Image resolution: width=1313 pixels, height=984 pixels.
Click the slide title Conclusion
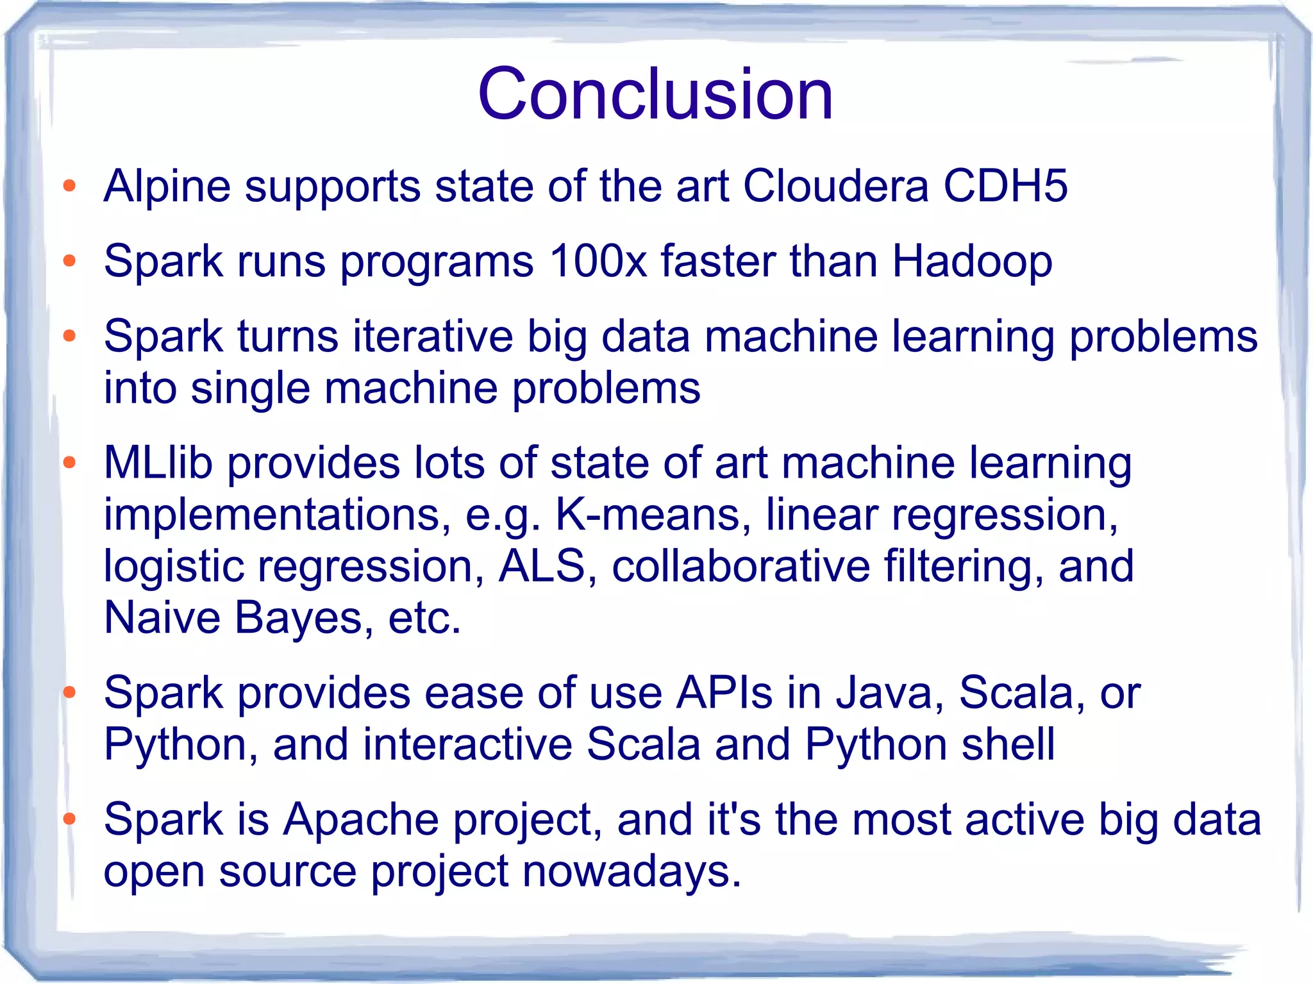tap(655, 94)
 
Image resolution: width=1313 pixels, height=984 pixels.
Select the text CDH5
tap(1005, 187)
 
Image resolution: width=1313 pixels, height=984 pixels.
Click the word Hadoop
tap(972, 262)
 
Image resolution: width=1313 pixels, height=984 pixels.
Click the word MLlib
tap(158, 463)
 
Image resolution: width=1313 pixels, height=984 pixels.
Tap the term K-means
tap(648, 515)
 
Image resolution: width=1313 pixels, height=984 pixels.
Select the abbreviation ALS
tap(542, 567)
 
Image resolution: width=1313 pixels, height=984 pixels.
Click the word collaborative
tap(740, 567)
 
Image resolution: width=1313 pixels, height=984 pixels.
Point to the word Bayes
tap(298, 618)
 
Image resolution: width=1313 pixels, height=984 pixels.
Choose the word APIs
tap(724, 693)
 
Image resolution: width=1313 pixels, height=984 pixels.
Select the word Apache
tap(361, 820)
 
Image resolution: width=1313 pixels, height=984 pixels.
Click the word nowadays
tap(631, 872)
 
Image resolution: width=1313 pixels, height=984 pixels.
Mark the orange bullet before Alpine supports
tap(70, 187)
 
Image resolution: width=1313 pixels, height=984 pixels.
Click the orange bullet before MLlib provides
tap(70, 462)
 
